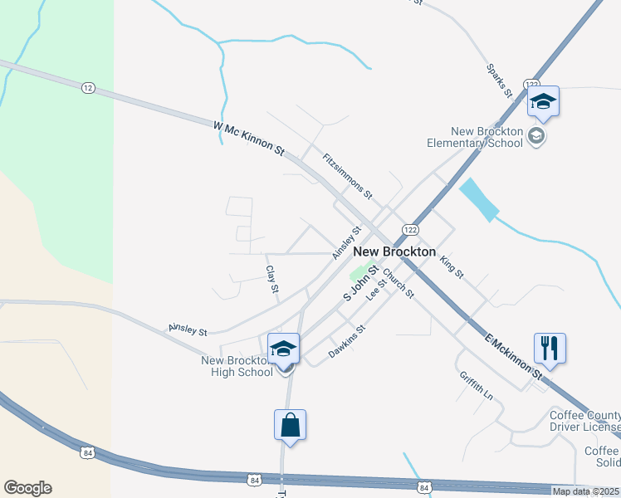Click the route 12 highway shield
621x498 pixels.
(x=88, y=87)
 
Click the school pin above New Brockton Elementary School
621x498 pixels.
(x=543, y=102)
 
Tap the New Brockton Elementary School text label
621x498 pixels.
(x=487, y=137)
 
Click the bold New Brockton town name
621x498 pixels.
(x=394, y=251)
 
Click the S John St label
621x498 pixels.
(x=361, y=283)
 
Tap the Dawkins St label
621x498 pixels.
(x=347, y=340)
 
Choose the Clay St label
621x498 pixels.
(x=271, y=279)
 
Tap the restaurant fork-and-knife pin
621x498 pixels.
(x=549, y=348)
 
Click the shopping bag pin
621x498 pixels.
(x=290, y=425)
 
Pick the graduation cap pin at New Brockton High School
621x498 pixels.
(x=283, y=349)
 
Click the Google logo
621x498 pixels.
(x=27, y=488)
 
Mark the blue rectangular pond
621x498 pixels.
(x=478, y=200)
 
